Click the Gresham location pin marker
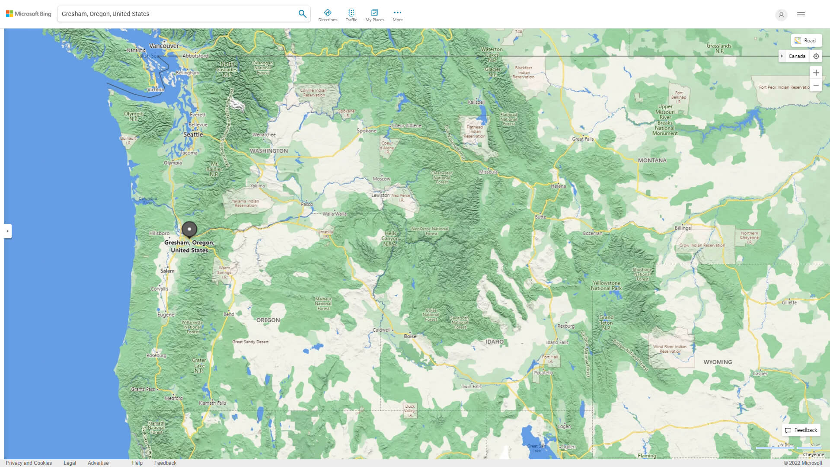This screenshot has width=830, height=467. tap(189, 229)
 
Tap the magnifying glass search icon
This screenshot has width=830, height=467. tap(302, 14)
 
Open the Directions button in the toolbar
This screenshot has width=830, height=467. tap(327, 15)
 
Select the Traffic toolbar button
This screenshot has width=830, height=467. tap(351, 15)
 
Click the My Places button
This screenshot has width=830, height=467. tap(374, 15)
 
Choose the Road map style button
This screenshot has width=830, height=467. tap(806, 41)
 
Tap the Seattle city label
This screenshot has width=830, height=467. tap(193, 134)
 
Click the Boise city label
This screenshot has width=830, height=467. tap(410, 336)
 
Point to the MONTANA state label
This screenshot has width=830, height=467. tap(652, 160)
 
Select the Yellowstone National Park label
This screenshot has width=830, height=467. tap(606, 286)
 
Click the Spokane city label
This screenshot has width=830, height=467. tap(366, 131)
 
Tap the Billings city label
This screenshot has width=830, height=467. tap(682, 228)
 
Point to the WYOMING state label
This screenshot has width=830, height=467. tap(717, 362)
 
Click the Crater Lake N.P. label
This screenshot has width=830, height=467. tap(199, 365)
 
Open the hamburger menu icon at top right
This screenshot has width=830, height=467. tap(801, 15)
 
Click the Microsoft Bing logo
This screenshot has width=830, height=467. tap(29, 14)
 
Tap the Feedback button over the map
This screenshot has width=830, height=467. tap(801, 430)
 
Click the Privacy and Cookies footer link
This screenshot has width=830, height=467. tap(29, 463)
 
